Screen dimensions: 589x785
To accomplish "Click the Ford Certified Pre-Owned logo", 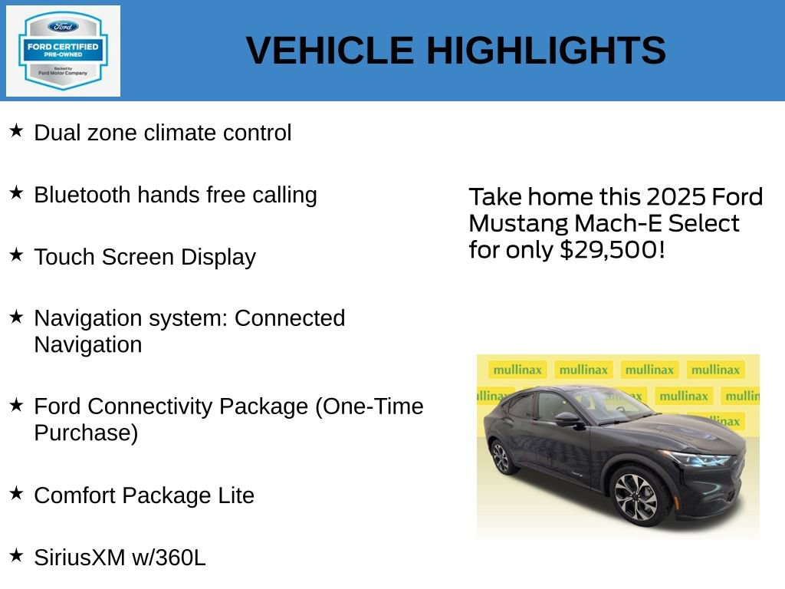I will [63, 51].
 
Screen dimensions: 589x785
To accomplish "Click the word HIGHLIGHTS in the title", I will [546, 51].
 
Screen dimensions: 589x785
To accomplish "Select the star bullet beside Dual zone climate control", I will [16, 131].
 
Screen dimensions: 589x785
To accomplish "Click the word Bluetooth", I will [82, 195].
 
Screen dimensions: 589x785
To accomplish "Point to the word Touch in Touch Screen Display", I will [61, 257].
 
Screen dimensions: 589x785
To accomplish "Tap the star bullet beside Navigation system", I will [16, 316].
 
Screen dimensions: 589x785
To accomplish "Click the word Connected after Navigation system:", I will [290, 318].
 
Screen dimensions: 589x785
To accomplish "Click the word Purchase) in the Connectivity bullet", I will [86, 433].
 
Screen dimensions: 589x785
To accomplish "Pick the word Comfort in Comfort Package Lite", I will [74, 495].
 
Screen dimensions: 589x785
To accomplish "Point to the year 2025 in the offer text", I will [677, 197].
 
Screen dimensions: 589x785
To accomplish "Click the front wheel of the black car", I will [636, 496].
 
